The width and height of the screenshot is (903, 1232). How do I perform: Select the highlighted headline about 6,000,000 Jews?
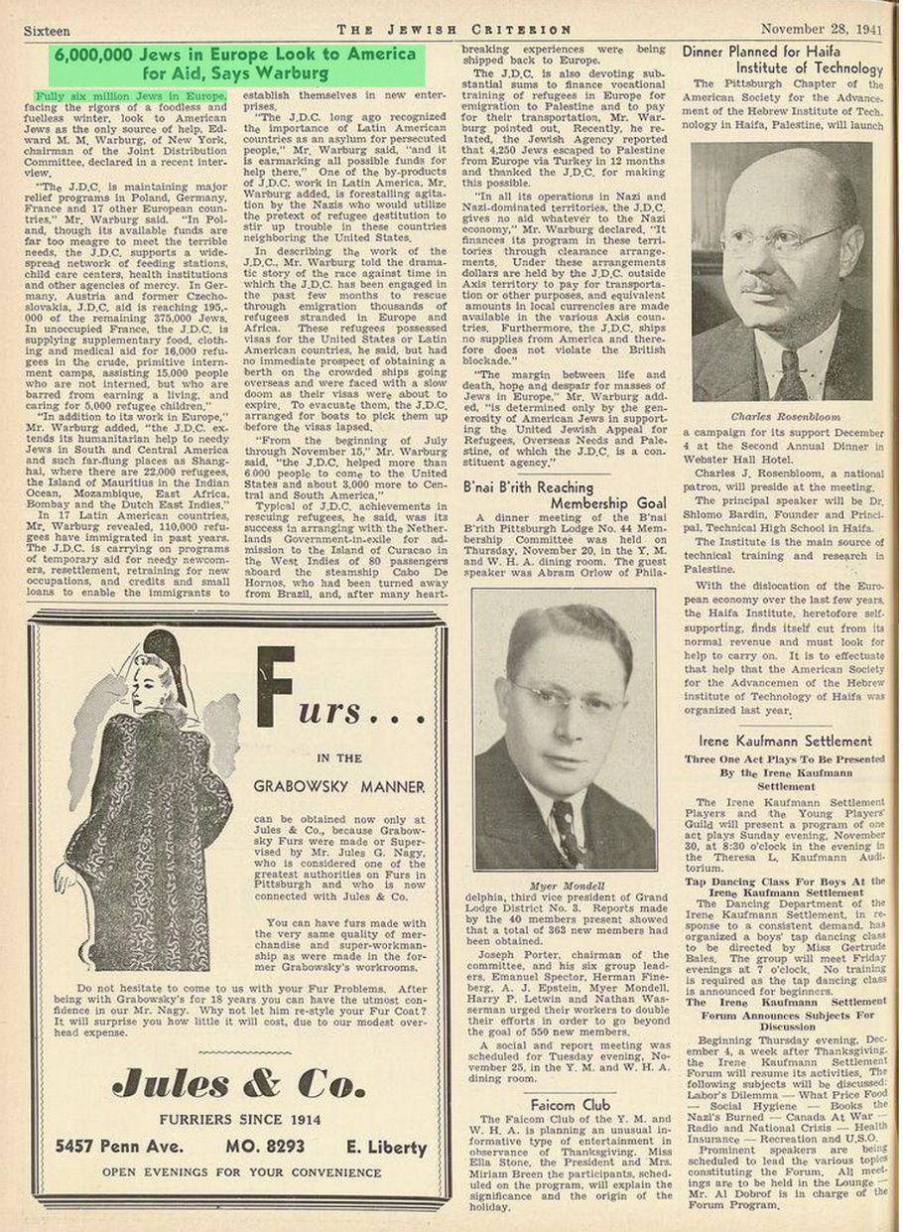click(235, 64)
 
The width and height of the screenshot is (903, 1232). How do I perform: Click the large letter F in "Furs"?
click(275, 686)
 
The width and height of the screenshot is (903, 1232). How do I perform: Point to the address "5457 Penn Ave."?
click(118, 1147)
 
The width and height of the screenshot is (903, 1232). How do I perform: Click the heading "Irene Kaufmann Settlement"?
click(784, 741)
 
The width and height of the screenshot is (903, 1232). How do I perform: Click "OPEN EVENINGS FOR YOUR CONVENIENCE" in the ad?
click(238, 1172)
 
